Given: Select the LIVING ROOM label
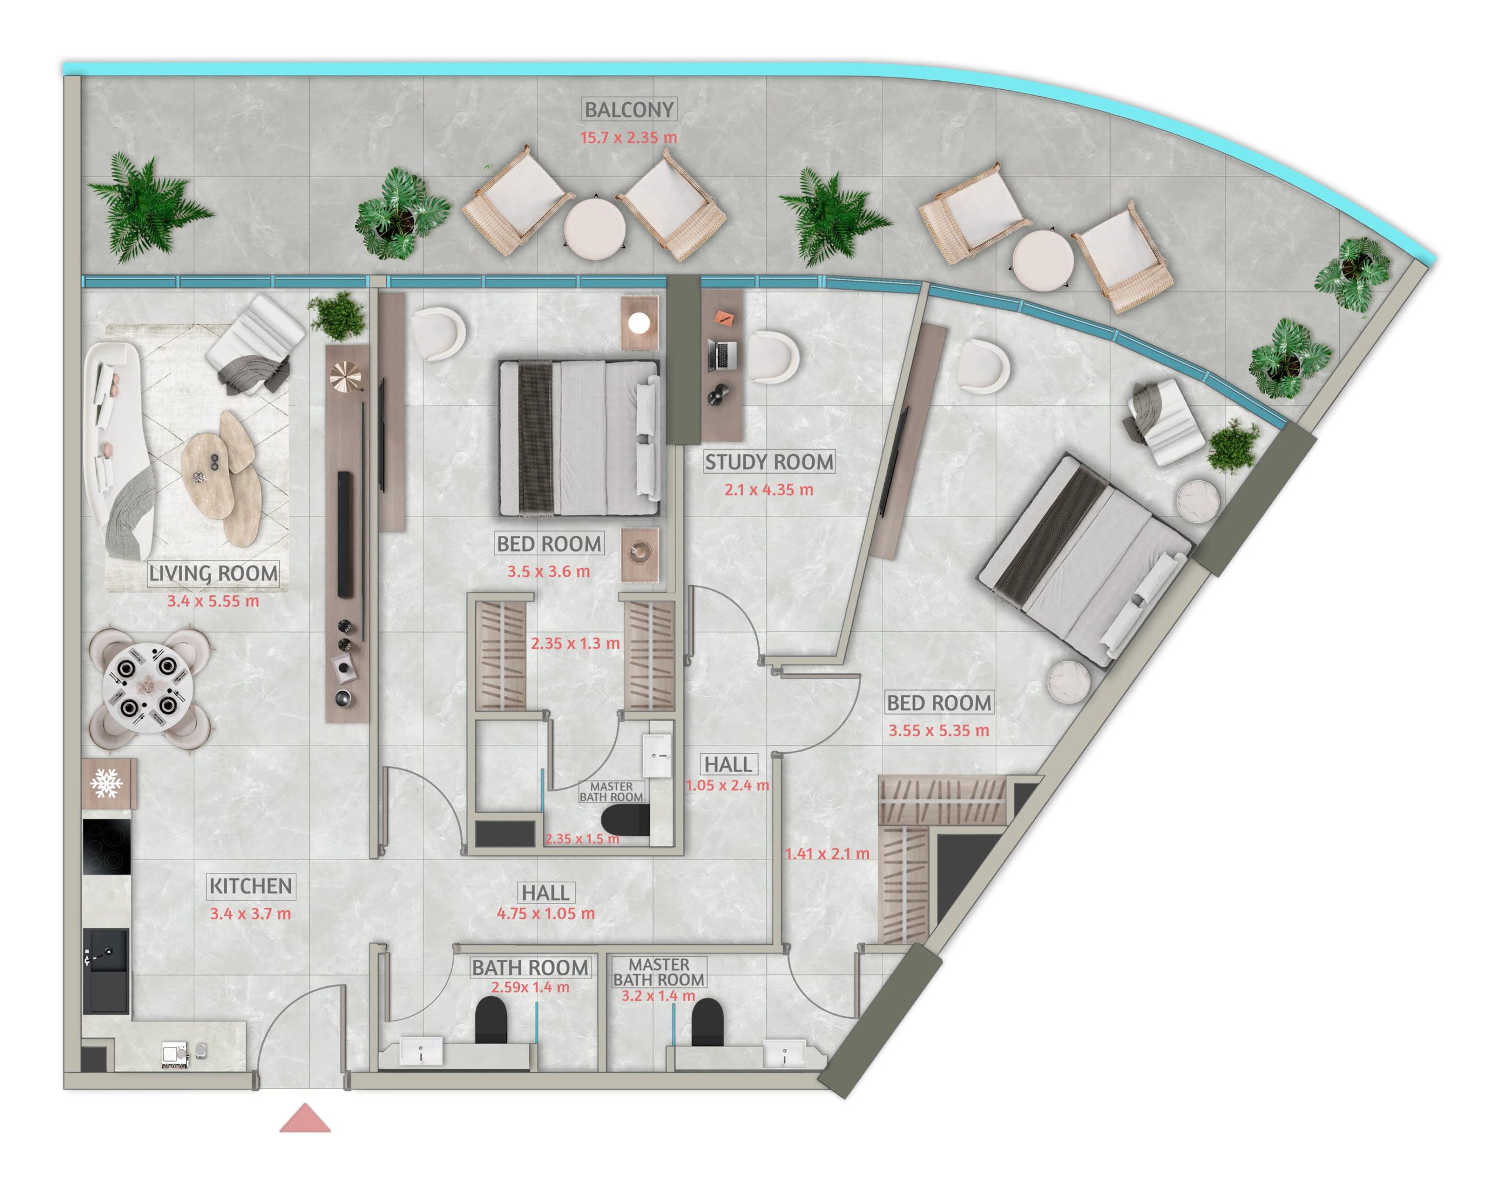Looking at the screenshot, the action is click(214, 573).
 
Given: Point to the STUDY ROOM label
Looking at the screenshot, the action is click(769, 462).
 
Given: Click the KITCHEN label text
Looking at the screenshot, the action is click(251, 886).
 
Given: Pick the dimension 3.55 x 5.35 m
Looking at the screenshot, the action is click(939, 730).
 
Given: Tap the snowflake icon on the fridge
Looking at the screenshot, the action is click(106, 784).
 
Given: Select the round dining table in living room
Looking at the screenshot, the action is click(147, 688).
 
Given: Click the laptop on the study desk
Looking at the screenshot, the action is click(722, 355).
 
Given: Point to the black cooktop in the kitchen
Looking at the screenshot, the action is click(106, 847).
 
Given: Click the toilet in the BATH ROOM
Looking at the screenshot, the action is click(491, 1020).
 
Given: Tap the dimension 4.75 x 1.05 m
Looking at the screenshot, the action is click(546, 914).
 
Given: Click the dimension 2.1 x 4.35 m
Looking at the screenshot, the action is click(769, 490).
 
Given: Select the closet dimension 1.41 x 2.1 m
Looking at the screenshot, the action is click(827, 854).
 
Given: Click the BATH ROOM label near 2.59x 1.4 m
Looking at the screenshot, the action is click(530, 967).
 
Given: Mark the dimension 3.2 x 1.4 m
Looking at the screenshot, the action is click(658, 995).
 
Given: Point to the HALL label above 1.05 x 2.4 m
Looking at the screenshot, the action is click(729, 764).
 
